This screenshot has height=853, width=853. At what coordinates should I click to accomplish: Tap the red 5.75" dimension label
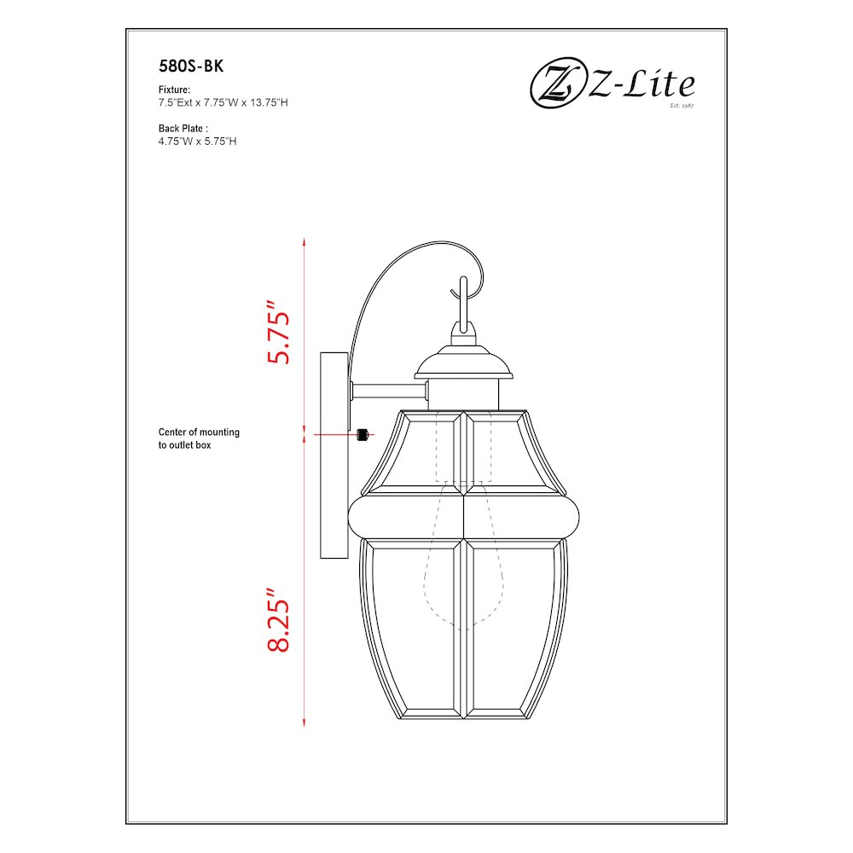pyautogui.click(x=279, y=332)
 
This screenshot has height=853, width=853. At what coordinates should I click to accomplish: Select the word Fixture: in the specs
pyautogui.click(x=174, y=90)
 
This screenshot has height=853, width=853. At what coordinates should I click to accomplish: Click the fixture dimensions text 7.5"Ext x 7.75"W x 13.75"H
pyautogui.click(x=223, y=102)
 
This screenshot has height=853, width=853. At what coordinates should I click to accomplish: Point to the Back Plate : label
pyautogui.click(x=183, y=128)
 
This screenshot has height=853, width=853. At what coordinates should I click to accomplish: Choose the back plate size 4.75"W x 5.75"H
pyautogui.click(x=197, y=141)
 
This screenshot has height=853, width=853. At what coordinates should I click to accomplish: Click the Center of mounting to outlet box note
pyautogui.click(x=199, y=438)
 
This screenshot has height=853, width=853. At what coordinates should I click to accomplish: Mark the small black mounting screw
pyautogui.click(x=363, y=435)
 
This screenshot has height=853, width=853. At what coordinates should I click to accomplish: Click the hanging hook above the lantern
pyautogui.click(x=463, y=303)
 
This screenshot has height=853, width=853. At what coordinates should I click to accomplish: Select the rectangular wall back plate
pyautogui.click(x=334, y=456)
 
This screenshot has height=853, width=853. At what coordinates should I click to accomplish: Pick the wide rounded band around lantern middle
pyautogui.click(x=466, y=517)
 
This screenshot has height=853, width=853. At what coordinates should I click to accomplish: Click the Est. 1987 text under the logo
pyautogui.click(x=682, y=107)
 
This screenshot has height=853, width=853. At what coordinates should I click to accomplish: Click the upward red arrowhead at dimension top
pyautogui.click(x=305, y=243)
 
